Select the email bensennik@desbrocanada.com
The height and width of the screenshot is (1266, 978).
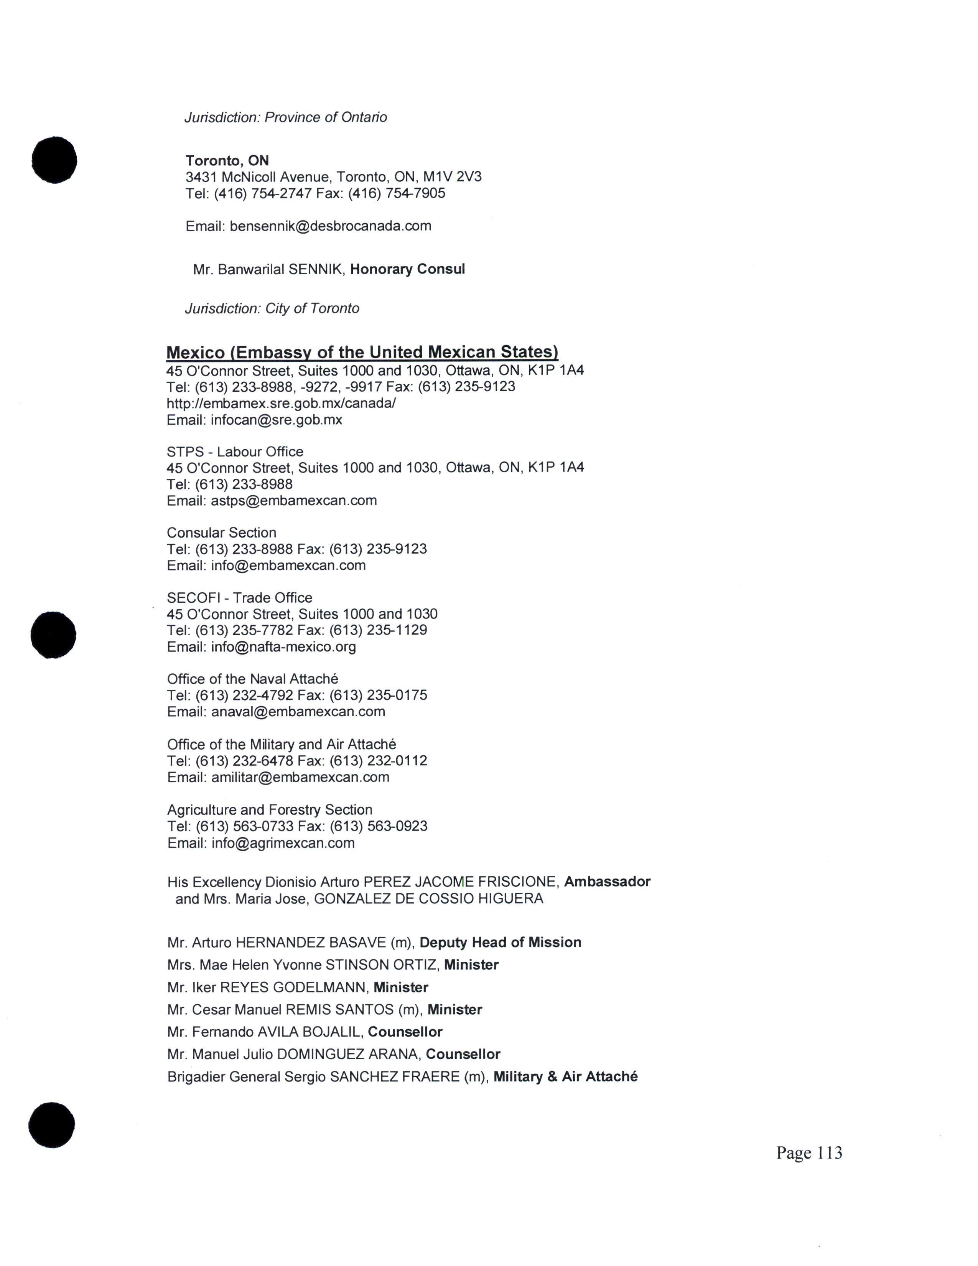point(330,226)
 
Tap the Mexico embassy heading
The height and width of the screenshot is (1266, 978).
point(362,352)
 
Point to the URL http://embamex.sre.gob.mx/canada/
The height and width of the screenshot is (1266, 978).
point(281,403)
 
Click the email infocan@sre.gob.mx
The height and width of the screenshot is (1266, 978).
point(277,420)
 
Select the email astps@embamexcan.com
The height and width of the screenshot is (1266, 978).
point(294,500)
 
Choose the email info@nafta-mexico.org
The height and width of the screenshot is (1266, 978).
point(283,646)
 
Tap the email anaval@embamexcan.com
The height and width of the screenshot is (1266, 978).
point(298,711)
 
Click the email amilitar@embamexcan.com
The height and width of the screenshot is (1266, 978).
point(300,777)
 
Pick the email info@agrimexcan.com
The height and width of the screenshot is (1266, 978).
point(283,843)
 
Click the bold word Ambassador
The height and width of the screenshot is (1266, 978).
point(607,882)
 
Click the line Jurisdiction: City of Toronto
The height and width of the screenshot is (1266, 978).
point(272,308)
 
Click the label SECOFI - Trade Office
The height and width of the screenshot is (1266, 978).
point(239,598)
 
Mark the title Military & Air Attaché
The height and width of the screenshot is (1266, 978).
point(565,1076)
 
